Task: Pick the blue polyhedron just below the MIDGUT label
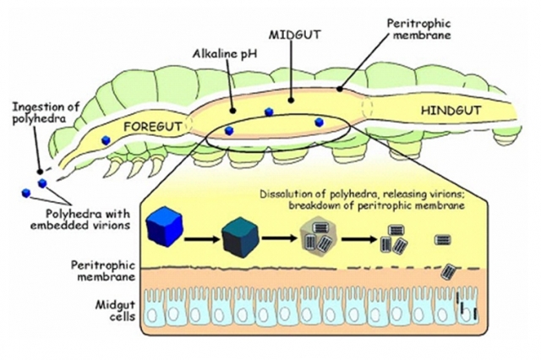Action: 269,112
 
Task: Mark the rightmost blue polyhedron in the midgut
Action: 319,123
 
